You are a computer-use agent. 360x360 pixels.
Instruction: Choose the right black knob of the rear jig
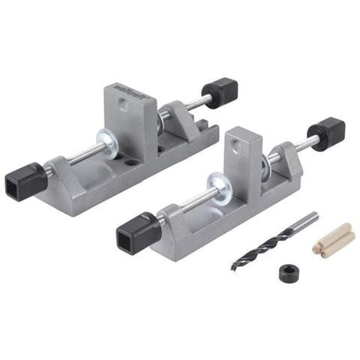pos(220,94)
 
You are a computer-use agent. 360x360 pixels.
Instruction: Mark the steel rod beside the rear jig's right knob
pos(199,102)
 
